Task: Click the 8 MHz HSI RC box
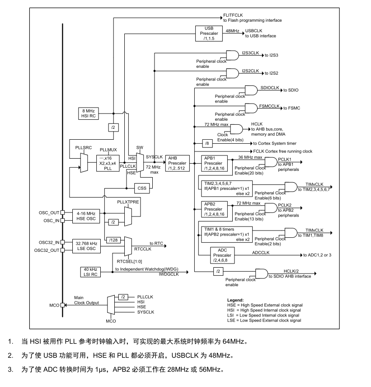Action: tap(88, 113)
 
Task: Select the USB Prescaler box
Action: tap(209, 33)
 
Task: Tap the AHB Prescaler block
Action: tap(177, 163)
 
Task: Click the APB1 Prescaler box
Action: tap(214, 163)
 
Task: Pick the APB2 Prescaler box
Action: tap(214, 209)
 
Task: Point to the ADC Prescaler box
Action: tap(222, 255)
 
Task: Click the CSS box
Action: tap(142, 189)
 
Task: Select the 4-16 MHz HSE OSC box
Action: tap(86, 216)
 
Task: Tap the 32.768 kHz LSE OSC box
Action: tap(86, 246)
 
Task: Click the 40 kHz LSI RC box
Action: tap(90, 272)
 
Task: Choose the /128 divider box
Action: tap(113, 240)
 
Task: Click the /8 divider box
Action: tap(207, 143)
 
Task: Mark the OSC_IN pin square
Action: tap(63, 221)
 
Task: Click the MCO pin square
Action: tap(63, 305)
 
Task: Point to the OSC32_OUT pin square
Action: tap(63, 250)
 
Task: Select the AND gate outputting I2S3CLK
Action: tap(232, 56)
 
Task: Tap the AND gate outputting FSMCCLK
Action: tap(251, 109)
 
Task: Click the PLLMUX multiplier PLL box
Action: tap(108, 163)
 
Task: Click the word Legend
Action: tap(235, 300)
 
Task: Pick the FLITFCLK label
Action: tap(233, 15)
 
